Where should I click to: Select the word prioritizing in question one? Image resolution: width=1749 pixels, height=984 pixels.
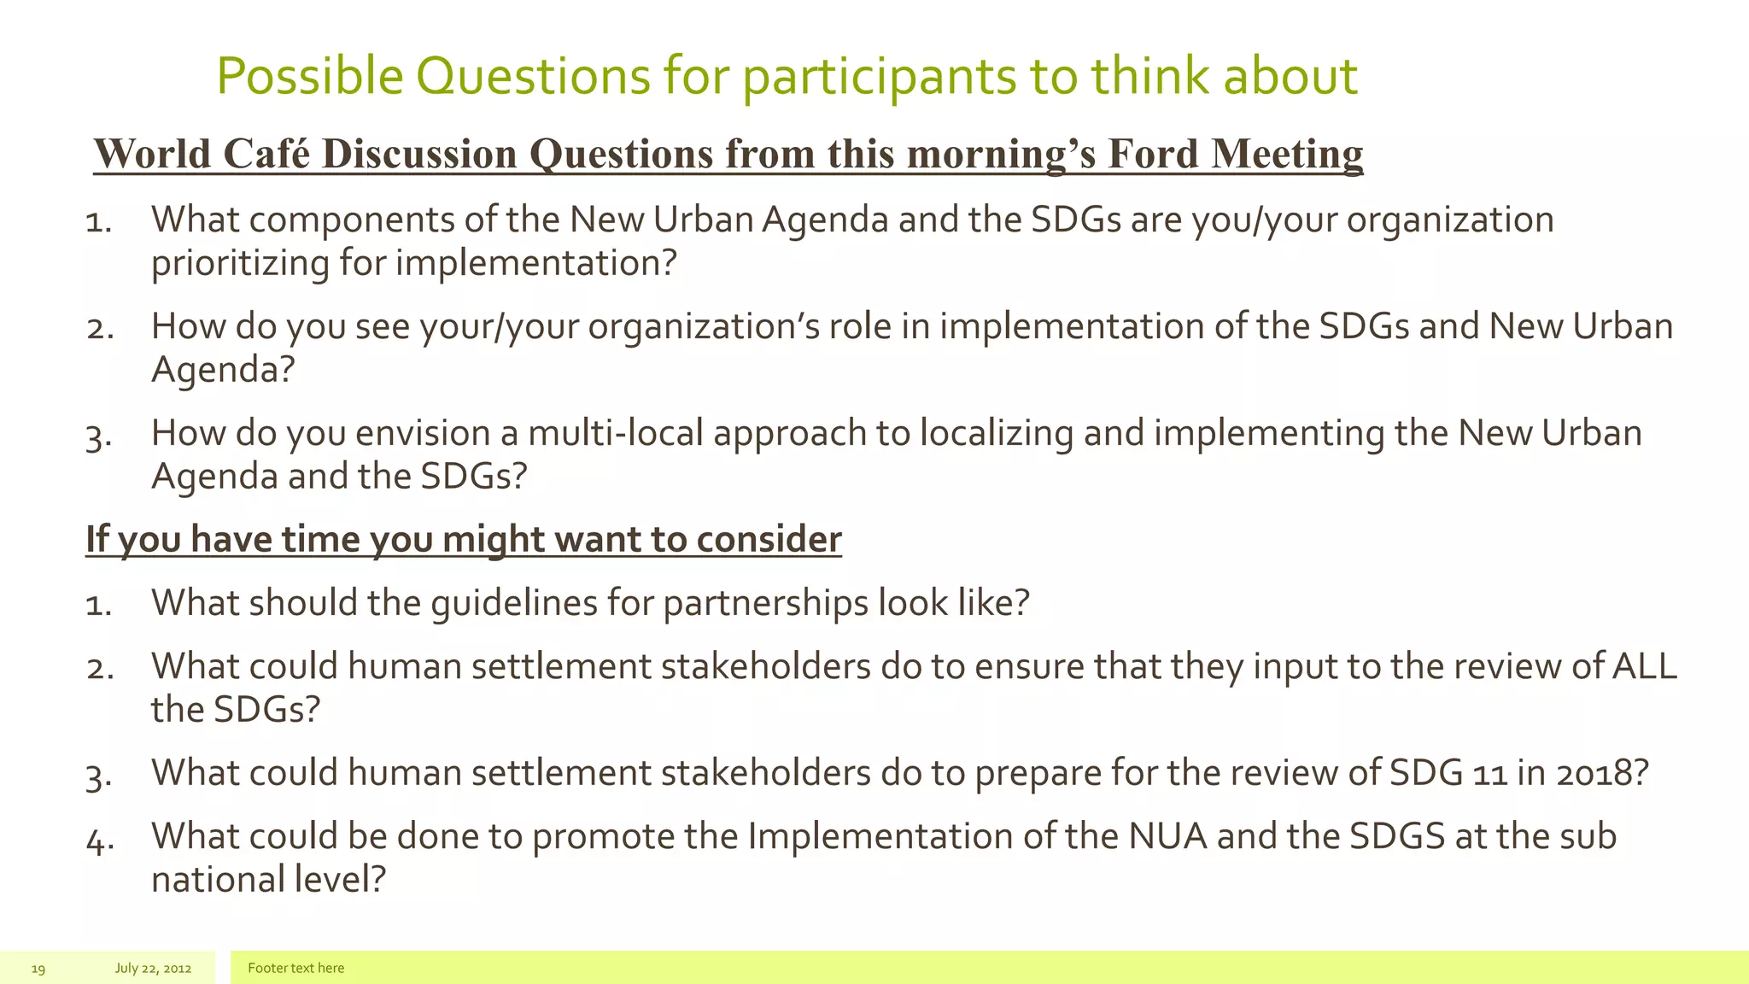239,263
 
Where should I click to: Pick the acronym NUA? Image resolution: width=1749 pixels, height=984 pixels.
1167,837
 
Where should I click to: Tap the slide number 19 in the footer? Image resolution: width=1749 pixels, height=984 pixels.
38,969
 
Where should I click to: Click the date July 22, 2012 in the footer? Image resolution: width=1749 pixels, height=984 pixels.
153,969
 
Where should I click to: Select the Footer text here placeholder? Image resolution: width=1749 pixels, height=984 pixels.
295,969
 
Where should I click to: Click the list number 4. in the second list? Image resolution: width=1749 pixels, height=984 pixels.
100,841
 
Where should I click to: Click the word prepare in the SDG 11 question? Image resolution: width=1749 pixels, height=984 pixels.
1038,774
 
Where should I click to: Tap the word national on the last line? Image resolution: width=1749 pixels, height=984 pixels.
217,880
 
